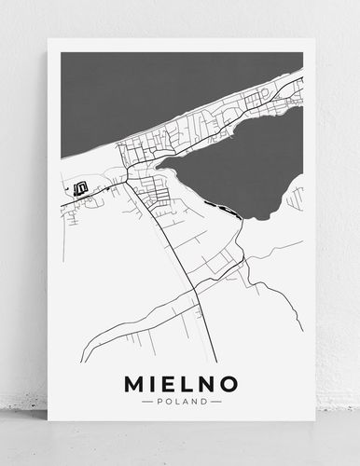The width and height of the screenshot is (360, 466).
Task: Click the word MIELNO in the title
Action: tap(180, 383)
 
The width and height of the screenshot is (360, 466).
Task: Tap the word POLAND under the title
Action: tap(180, 402)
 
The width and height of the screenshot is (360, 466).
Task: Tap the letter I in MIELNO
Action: tap(150, 383)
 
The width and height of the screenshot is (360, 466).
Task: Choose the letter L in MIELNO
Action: tap(187, 383)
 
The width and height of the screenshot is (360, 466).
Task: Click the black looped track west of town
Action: tap(80, 186)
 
